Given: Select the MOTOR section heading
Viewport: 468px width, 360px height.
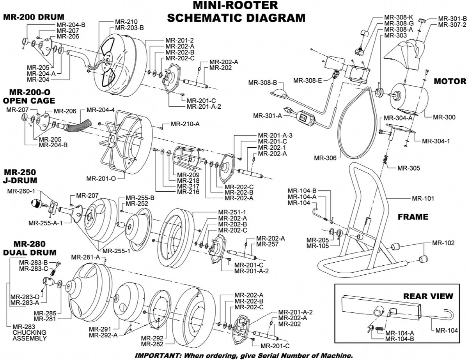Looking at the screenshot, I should pyautogui.click(x=450, y=81).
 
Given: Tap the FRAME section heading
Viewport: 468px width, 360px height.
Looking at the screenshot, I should pyautogui.click(x=413, y=217).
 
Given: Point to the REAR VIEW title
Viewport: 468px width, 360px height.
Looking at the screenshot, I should pyautogui.click(x=428, y=296).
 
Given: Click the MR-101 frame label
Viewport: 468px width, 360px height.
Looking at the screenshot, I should pyautogui.click(x=423, y=198).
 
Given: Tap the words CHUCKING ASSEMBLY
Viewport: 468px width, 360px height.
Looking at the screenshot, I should pyautogui.click(x=29, y=335).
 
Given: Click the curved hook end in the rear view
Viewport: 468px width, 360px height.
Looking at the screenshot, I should pyautogui.click(x=449, y=314).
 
